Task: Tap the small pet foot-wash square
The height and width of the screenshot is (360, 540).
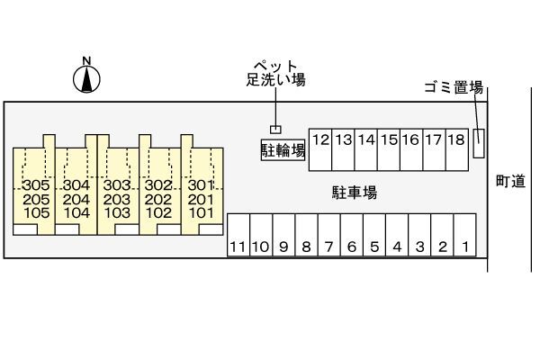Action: click(x=276, y=129)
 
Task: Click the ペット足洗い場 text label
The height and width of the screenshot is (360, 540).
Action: click(x=276, y=73)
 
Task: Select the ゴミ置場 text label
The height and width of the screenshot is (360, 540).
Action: click(x=454, y=87)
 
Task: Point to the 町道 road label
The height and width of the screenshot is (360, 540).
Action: click(x=510, y=182)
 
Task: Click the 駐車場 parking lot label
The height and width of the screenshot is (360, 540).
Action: click(x=352, y=192)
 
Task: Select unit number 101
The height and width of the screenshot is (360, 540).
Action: click(x=201, y=213)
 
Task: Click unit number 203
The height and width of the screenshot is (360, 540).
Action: click(x=117, y=199)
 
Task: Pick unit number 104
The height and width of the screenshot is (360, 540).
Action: click(x=76, y=213)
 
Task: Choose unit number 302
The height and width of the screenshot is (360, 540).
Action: click(x=158, y=184)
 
